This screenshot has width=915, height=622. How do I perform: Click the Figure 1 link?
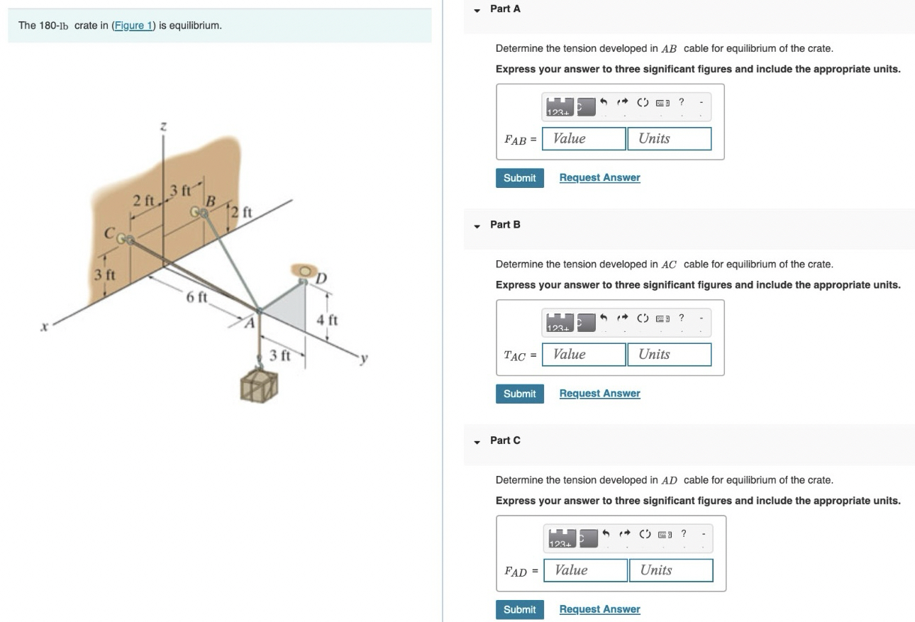(133, 26)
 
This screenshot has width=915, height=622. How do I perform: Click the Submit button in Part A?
(519, 178)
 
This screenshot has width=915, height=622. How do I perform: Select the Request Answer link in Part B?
(599, 394)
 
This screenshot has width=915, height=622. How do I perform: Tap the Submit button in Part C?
(519, 610)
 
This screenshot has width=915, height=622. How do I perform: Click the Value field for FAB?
(584, 139)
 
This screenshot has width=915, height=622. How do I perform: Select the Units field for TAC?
(668, 355)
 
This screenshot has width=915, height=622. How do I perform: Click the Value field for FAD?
(585, 570)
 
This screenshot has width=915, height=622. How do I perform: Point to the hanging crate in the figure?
(259, 384)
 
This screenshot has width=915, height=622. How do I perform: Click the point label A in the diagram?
(249, 323)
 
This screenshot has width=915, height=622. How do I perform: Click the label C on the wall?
(110, 233)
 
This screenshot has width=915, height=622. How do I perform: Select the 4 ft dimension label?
(327, 320)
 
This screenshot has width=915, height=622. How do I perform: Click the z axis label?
(163, 126)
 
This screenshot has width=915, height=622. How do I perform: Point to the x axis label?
(44, 327)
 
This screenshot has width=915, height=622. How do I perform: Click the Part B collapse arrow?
(477, 226)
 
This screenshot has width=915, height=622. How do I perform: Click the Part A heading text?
(505, 9)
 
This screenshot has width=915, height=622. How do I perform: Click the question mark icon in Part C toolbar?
(683, 533)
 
